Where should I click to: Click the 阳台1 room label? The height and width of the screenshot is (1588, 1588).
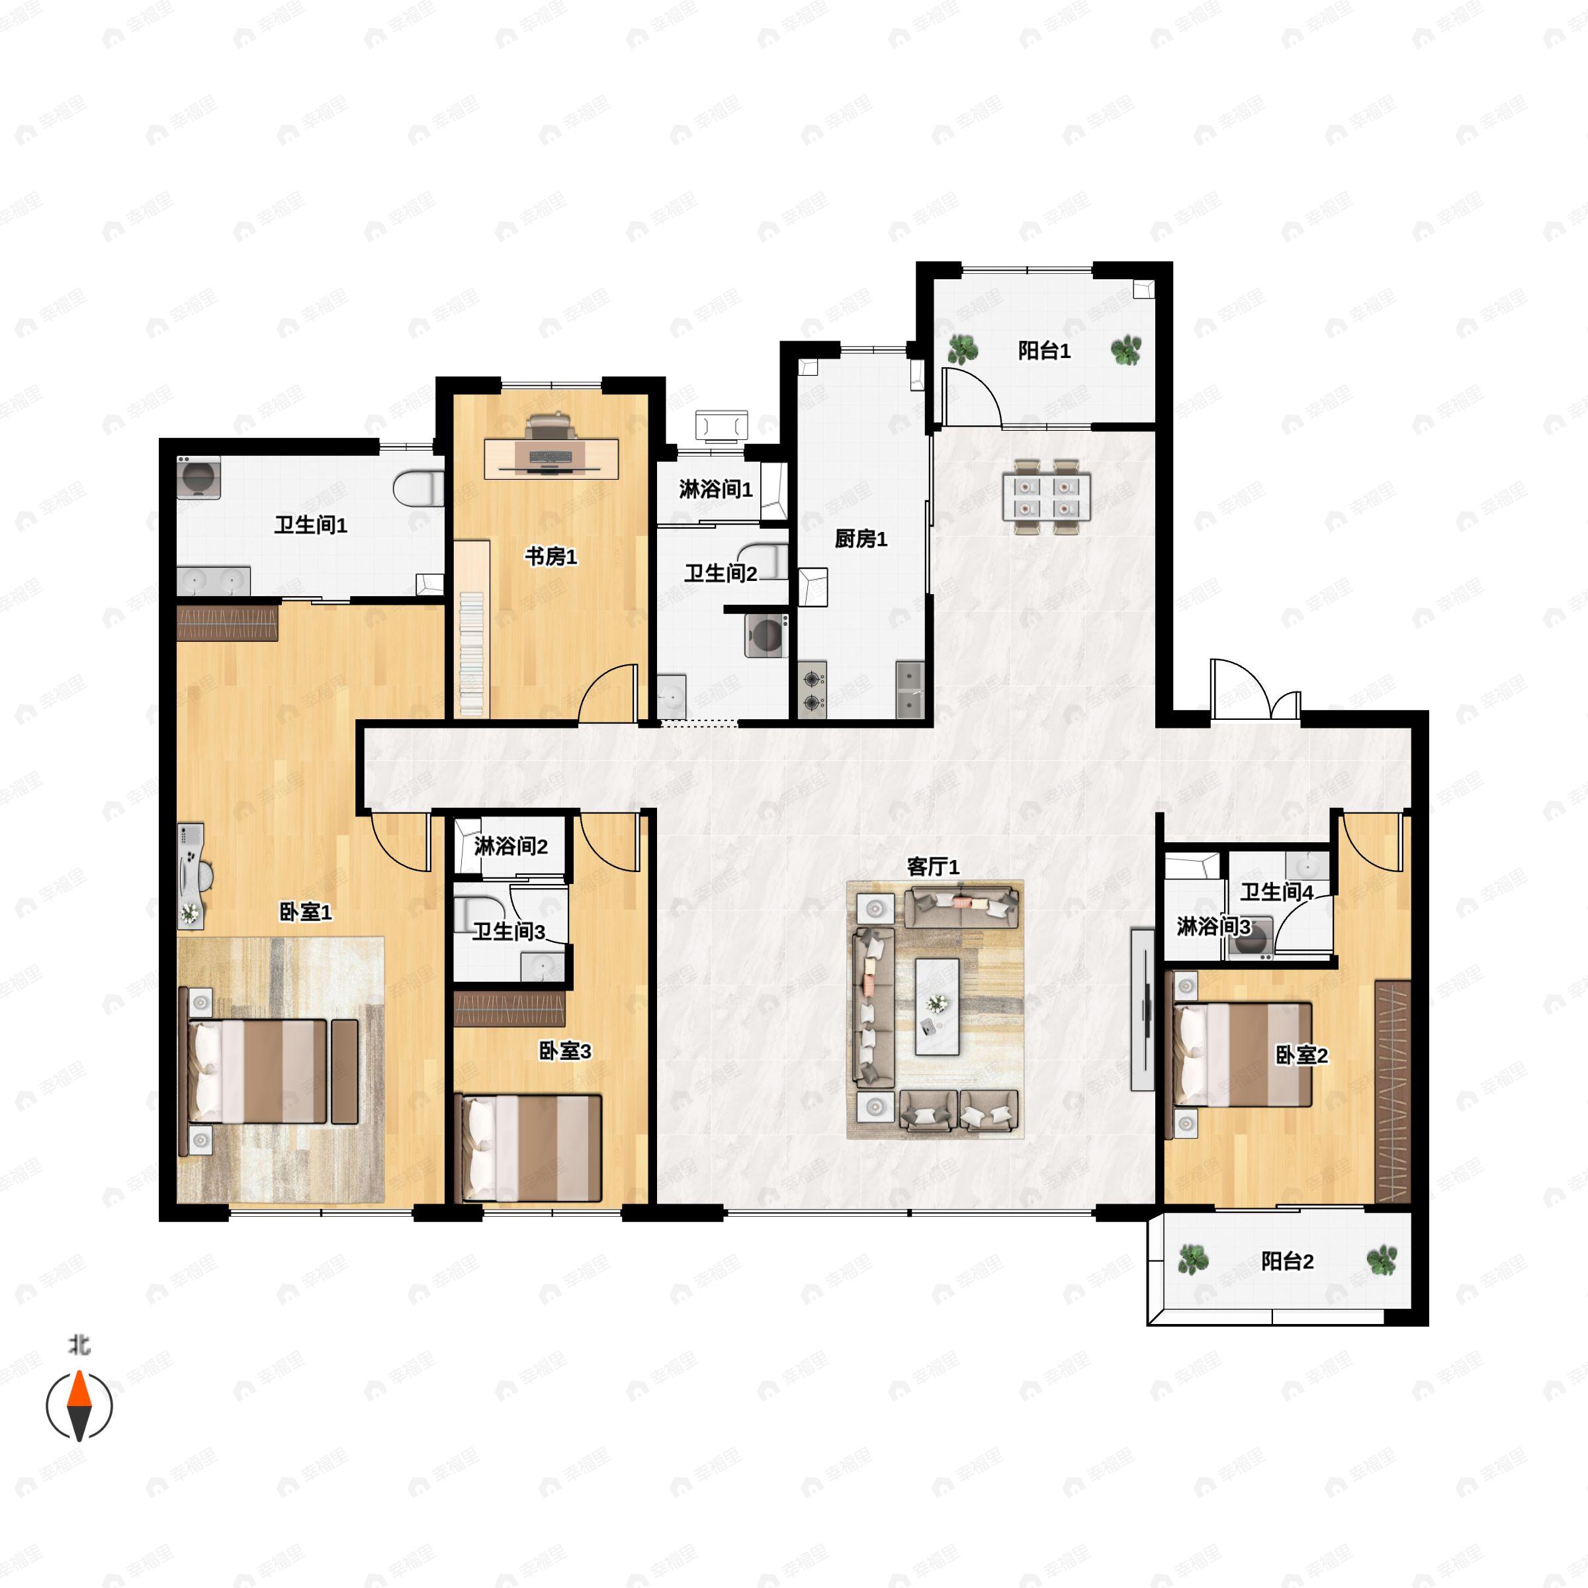pyautogui.click(x=1044, y=351)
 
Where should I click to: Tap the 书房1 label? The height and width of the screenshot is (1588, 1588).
pyautogui.click(x=551, y=556)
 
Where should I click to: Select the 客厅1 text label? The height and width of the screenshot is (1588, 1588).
pyautogui.click(x=933, y=866)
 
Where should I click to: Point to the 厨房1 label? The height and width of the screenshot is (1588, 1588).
pyautogui.click(x=861, y=539)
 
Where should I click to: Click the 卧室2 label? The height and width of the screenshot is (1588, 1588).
pyautogui.click(x=1301, y=1055)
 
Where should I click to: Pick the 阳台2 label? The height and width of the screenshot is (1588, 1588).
pyautogui.click(x=1287, y=1261)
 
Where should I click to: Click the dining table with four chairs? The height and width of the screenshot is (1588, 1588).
pyautogui.click(x=1045, y=496)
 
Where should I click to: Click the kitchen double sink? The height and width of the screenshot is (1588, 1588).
pyautogui.click(x=910, y=689)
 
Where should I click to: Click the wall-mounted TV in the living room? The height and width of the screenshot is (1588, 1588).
pyautogui.click(x=1143, y=1010)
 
